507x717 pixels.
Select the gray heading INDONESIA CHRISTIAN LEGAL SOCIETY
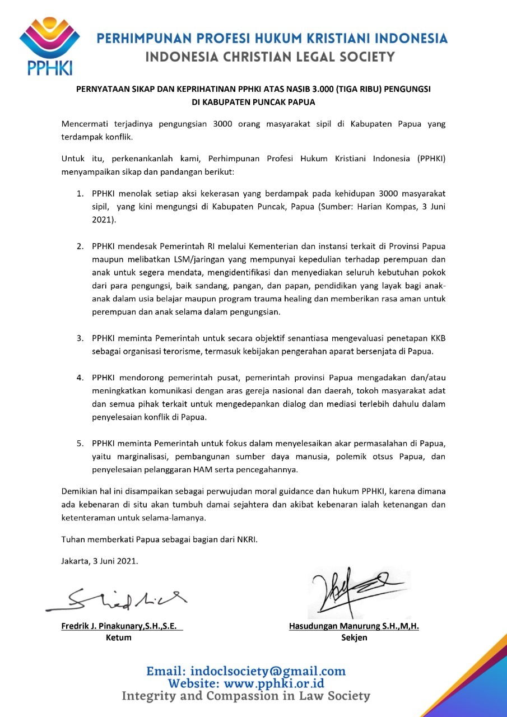(x=269, y=57)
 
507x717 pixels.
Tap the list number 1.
(x=81, y=193)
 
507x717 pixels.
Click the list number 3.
(x=81, y=338)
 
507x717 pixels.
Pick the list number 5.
(x=81, y=444)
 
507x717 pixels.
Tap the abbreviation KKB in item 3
(x=436, y=338)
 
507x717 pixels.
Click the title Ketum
(x=119, y=637)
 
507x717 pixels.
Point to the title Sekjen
(x=354, y=637)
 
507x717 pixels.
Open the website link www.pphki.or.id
(x=274, y=683)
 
